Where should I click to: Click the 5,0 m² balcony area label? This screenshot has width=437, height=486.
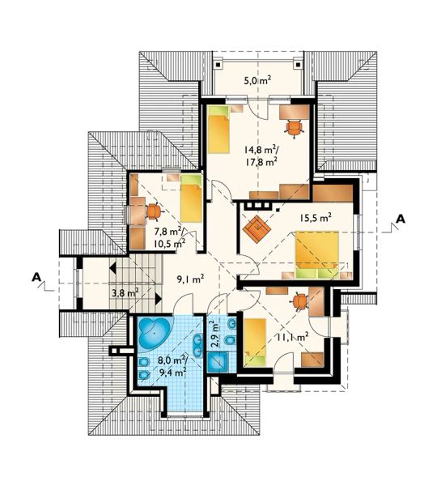pyautogui.click(x=257, y=81)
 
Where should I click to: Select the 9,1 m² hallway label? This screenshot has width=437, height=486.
pyautogui.click(x=190, y=279)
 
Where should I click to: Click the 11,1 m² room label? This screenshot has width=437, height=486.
pyautogui.click(x=293, y=336)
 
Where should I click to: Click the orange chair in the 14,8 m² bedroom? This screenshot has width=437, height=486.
pyautogui.click(x=293, y=127)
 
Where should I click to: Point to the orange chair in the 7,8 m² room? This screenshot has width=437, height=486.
pyautogui.click(x=154, y=211)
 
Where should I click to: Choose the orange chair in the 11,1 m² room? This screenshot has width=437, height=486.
pyautogui.click(x=299, y=301)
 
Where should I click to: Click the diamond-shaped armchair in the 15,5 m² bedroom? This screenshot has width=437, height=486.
pyautogui.click(x=257, y=230)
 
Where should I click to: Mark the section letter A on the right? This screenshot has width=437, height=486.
pyautogui.click(x=401, y=219)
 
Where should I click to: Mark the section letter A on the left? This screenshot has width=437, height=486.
pyautogui.click(x=36, y=277)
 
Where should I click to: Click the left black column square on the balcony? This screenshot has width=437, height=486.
pyautogui.click(x=218, y=66)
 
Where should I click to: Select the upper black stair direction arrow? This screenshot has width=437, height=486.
pyautogui.click(x=112, y=267)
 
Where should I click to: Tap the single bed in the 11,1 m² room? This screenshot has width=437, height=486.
pyautogui.click(x=255, y=341)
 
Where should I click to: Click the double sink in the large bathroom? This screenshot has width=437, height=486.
pyautogui.click(x=197, y=344)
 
